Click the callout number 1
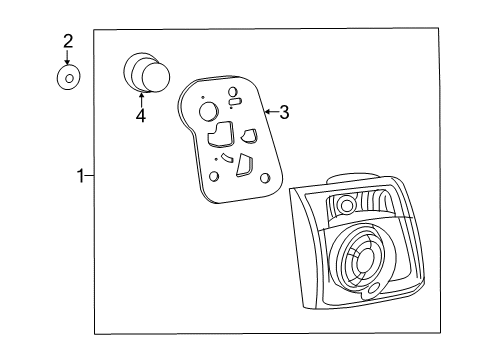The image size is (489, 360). tap(81, 176)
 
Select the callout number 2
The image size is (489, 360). tap(68, 41)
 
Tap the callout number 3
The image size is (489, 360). tap(284, 112)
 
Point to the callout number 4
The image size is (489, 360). tap(141, 116)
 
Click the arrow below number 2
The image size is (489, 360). tap(68, 57)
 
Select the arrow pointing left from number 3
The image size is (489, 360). tap(271, 111)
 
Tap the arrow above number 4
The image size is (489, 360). tap(141, 100)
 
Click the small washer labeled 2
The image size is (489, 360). tap(68, 78)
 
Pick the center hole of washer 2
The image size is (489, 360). tap(69, 79)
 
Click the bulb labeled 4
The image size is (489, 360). tap(147, 72)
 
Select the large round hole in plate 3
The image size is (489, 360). tap(208, 111)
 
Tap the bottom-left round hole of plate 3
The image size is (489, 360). tap(214, 176)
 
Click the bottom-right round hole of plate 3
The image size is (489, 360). tap(265, 178)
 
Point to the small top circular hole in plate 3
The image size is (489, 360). tap(233, 91)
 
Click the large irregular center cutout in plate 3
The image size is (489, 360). tap(220, 134)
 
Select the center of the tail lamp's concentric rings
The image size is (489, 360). tap(366, 258)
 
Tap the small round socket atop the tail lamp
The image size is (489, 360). tap(347, 204)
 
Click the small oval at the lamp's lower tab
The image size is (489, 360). tap(375, 288)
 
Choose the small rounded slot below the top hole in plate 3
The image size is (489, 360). tap(235, 102)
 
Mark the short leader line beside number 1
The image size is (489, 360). tap(89, 175)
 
